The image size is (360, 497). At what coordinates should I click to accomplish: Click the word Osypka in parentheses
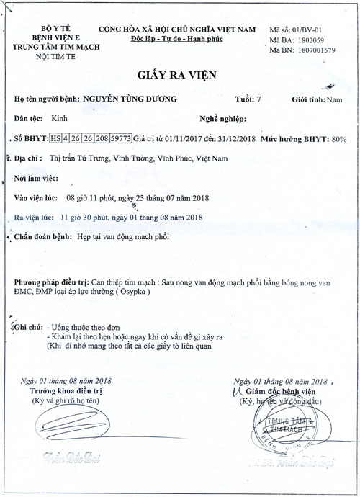tap(132, 295)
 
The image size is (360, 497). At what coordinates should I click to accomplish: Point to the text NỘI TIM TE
tap(47, 53)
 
